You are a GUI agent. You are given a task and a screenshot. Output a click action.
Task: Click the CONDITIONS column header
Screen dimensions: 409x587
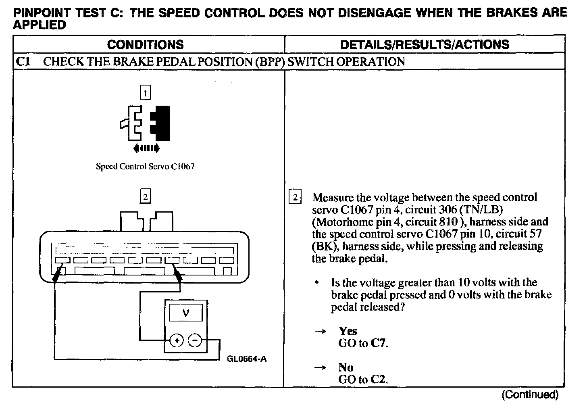pos(145,44)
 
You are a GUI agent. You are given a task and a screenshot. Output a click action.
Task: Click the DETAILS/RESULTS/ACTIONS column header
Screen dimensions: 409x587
pos(425,44)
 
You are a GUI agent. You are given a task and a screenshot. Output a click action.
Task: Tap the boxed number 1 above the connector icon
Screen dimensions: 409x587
pos(145,93)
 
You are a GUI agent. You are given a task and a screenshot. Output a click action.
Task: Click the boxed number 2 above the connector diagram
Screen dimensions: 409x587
pos(145,197)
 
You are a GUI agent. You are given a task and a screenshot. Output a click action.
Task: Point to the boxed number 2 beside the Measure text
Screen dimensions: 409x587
pos(295,198)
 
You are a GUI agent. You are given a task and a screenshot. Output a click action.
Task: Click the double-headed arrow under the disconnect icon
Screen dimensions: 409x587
pos(146,148)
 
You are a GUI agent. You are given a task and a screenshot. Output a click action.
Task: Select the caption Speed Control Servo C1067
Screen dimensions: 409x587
pos(145,166)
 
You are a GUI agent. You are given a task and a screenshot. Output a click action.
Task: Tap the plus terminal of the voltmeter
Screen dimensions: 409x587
pos(176,341)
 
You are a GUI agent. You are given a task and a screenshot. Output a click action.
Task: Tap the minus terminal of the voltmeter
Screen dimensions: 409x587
pos(195,341)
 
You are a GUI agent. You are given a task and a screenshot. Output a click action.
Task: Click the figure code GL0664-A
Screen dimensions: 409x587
pos(246,359)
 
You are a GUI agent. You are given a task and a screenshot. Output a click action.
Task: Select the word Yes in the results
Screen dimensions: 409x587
pos(348,331)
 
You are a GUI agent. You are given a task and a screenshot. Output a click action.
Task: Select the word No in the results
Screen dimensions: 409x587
pos(346,367)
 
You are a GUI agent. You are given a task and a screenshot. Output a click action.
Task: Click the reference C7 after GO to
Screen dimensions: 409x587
pos(379,344)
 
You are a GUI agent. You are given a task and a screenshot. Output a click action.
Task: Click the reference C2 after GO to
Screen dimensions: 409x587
pos(379,380)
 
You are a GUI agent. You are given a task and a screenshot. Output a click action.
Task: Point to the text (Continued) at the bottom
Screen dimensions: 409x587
pos(530,394)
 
